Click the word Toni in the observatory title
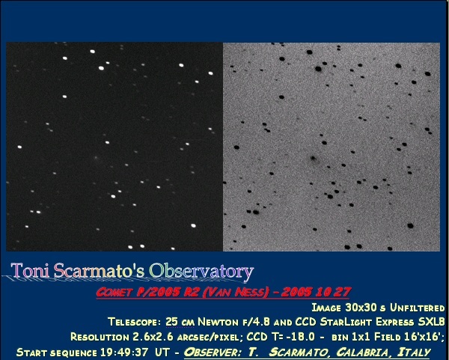click(30, 270)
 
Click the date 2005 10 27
click(316, 292)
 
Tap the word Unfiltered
click(418, 308)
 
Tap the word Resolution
click(100, 337)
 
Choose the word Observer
click(213, 352)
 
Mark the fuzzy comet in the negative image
click(314, 158)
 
